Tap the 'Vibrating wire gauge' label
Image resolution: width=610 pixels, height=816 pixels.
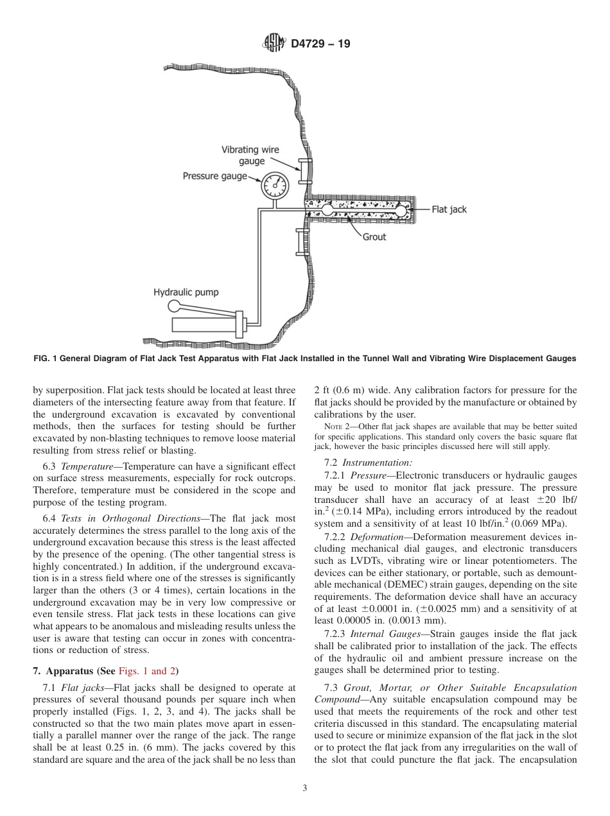[250, 155]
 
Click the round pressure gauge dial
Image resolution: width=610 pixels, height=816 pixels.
[274, 185]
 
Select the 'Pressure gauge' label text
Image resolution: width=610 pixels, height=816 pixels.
[214, 176]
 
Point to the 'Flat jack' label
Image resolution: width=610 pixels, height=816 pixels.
[449, 210]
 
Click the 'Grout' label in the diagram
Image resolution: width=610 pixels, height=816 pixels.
[374, 237]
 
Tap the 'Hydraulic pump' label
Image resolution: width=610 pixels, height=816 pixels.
[186, 293]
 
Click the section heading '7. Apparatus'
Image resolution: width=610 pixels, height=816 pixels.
[63, 672]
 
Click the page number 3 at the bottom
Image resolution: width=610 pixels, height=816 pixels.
[305, 788]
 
